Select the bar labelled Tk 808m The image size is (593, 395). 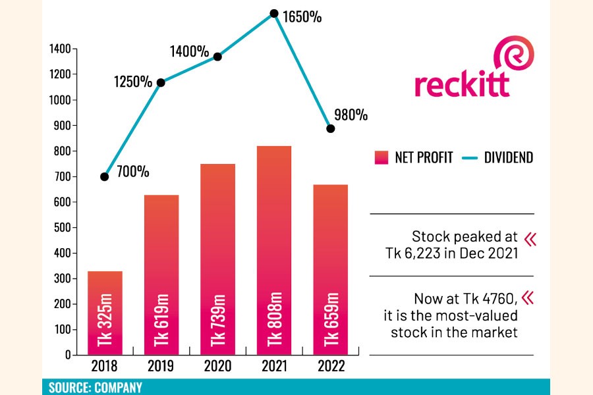(274, 250)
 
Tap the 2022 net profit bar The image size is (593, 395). (330, 270)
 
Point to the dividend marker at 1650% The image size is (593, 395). (274, 13)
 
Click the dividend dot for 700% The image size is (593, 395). (105, 177)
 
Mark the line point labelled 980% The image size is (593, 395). (331, 128)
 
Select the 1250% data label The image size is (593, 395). (132, 82)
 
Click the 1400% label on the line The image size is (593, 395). (189, 51)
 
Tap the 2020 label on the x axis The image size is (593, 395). (217, 367)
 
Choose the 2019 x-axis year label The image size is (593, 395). (161, 367)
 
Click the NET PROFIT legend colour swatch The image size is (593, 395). (381, 157)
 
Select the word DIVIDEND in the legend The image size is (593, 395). (508, 157)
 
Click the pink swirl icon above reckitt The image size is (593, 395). (514, 57)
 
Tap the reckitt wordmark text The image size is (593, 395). (462, 84)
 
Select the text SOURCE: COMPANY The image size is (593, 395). (96, 388)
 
